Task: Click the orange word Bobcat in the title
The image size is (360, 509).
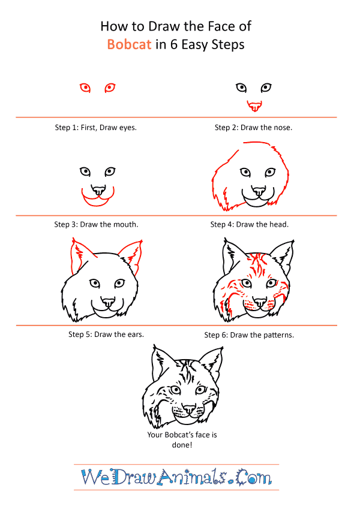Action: [x=130, y=44]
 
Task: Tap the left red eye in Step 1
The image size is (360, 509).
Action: [x=85, y=88]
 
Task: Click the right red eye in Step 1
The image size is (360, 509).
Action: [x=110, y=88]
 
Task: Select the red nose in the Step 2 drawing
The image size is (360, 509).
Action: [x=254, y=106]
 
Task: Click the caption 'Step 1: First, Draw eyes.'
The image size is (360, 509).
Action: [x=96, y=128]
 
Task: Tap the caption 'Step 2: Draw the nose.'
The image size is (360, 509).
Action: [x=253, y=128]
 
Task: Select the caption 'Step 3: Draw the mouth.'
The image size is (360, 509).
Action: [x=96, y=224]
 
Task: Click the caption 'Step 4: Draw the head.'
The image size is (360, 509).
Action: [x=250, y=224]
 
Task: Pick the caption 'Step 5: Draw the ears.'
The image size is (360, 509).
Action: [x=106, y=335]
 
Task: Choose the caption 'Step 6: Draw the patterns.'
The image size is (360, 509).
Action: [x=249, y=335]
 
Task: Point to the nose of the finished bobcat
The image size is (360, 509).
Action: [x=189, y=409]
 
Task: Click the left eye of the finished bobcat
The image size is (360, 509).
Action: [x=175, y=390]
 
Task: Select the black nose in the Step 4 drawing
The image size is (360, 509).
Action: [x=259, y=191]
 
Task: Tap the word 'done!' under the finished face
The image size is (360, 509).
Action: [x=182, y=445]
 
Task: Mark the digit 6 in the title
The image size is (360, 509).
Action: [x=174, y=44]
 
